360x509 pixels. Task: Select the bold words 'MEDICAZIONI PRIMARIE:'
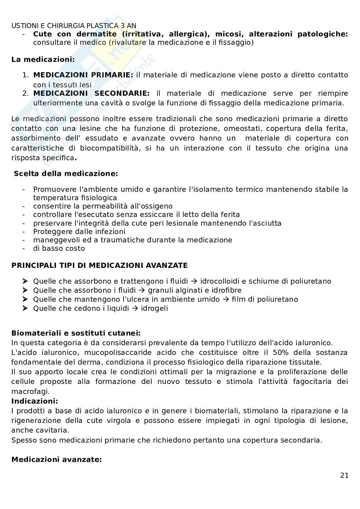point(83,75)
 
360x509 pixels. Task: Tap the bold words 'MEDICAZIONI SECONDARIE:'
point(91,93)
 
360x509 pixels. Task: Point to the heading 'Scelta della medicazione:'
point(66,174)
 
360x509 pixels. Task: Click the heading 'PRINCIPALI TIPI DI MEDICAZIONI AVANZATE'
point(99,266)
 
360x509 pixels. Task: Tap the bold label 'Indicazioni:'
point(35,401)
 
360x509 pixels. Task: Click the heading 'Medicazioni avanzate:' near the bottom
point(56,459)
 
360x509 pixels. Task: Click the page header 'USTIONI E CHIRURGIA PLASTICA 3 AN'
point(74,25)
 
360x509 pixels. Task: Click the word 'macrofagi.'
point(31,392)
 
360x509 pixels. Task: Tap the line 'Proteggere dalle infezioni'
point(79,232)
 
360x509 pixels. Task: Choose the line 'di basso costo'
point(59,249)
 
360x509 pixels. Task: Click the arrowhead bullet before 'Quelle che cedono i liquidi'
point(26,308)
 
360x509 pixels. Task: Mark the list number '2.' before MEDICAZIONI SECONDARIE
point(25,93)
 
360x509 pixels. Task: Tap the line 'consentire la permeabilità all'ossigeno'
point(103,206)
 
